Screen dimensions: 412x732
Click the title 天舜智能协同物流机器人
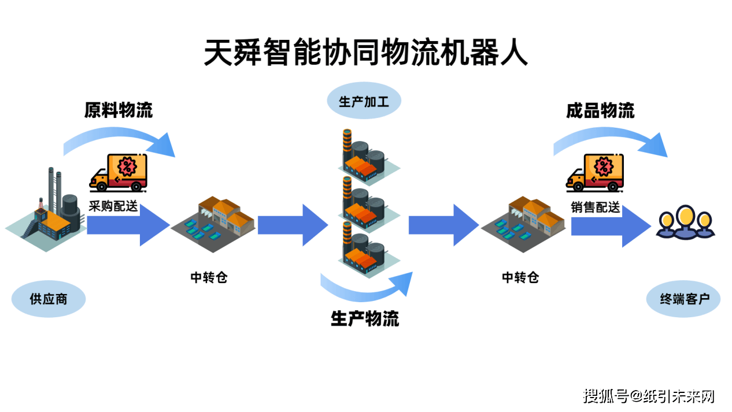[x=365, y=54]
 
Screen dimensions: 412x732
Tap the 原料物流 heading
[x=118, y=110]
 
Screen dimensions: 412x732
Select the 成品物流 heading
[x=600, y=111]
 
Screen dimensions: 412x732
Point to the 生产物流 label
[x=365, y=318]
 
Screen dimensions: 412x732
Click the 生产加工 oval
[x=364, y=102]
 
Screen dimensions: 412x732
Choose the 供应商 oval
[x=49, y=299]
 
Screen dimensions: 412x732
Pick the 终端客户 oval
[x=683, y=299]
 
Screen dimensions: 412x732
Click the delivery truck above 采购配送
[x=119, y=172]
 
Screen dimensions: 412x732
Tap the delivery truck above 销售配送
[x=596, y=172]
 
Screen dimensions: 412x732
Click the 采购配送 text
[x=113, y=206]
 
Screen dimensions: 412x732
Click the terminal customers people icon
[x=686, y=223]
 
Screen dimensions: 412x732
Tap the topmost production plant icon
[x=365, y=153]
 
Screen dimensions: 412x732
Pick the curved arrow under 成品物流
[x=610, y=142]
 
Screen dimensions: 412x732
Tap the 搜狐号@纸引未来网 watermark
[x=649, y=396]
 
